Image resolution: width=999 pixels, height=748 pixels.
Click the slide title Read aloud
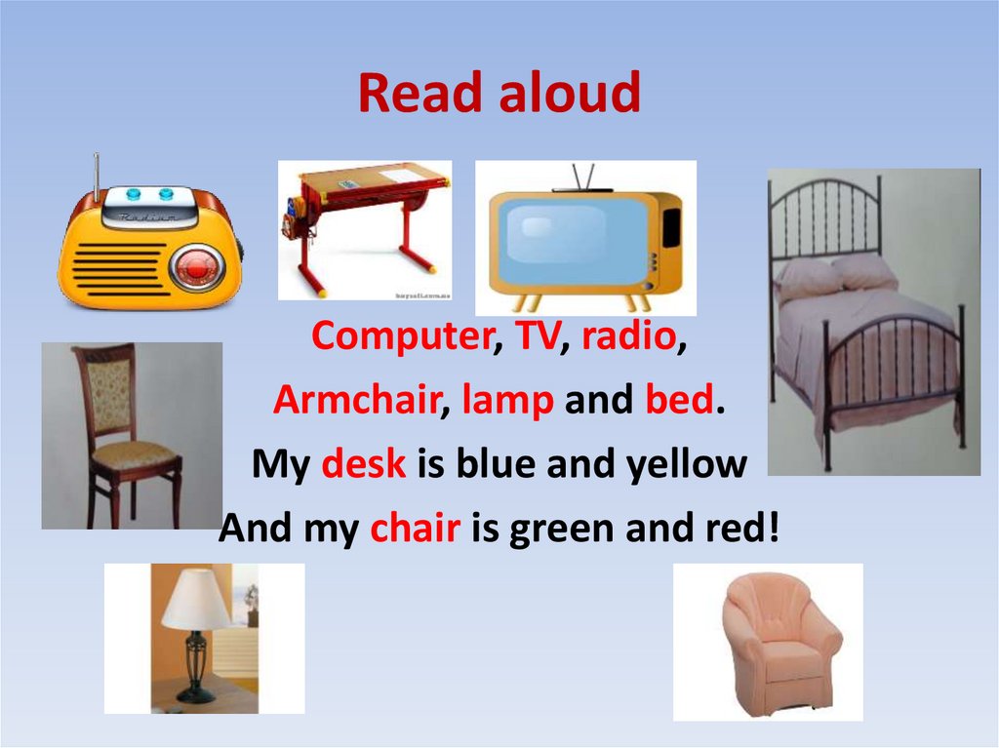tap(499, 95)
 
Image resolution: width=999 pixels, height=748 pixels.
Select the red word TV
tap(536, 336)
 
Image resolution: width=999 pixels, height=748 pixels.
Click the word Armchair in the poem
tap(355, 401)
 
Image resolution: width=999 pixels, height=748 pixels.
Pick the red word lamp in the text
tap(507, 401)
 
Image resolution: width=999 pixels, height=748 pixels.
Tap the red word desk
tap(363, 464)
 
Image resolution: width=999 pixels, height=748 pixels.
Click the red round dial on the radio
tap(196, 266)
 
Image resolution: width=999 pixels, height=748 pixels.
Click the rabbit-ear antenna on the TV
tap(583, 177)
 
